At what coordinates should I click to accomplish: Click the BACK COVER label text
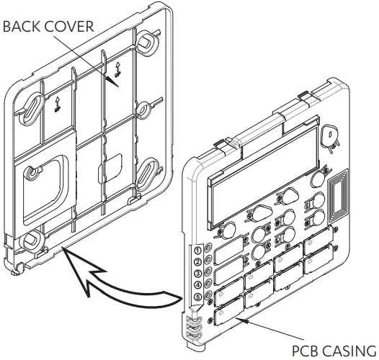point(48,27)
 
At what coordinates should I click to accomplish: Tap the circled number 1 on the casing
point(198,250)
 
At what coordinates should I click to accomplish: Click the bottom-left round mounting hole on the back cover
point(32,240)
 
